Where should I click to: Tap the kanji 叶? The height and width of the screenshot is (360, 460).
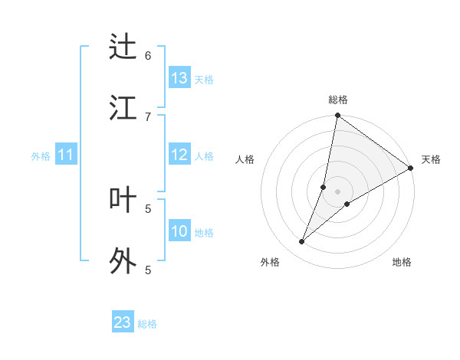click(123, 200)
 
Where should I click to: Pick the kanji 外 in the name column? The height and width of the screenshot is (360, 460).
click(123, 261)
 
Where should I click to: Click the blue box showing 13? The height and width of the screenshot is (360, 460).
click(179, 78)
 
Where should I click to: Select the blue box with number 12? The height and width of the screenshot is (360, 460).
click(179, 155)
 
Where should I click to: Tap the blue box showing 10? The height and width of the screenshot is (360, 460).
click(179, 231)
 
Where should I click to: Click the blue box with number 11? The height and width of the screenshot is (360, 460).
click(65, 155)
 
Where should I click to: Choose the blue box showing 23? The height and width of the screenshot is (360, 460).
click(123, 322)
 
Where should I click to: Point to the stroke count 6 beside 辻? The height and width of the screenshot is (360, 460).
click(148, 55)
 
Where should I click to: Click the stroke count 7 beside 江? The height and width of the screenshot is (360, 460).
click(148, 116)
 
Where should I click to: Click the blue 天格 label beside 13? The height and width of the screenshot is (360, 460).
click(204, 79)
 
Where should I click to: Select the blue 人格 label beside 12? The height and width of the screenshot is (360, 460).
click(204, 156)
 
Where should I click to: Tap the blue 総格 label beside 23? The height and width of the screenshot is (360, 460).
click(147, 323)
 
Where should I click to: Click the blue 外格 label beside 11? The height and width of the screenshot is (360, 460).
click(41, 156)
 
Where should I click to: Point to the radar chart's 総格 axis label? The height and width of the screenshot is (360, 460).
click(338, 100)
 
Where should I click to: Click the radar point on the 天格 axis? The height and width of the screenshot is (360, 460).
click(411, 168)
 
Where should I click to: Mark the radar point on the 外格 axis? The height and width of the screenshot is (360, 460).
click(302, 242)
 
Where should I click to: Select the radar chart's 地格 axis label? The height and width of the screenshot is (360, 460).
click(402, 262)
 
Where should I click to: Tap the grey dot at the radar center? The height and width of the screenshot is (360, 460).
click(338, 191)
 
